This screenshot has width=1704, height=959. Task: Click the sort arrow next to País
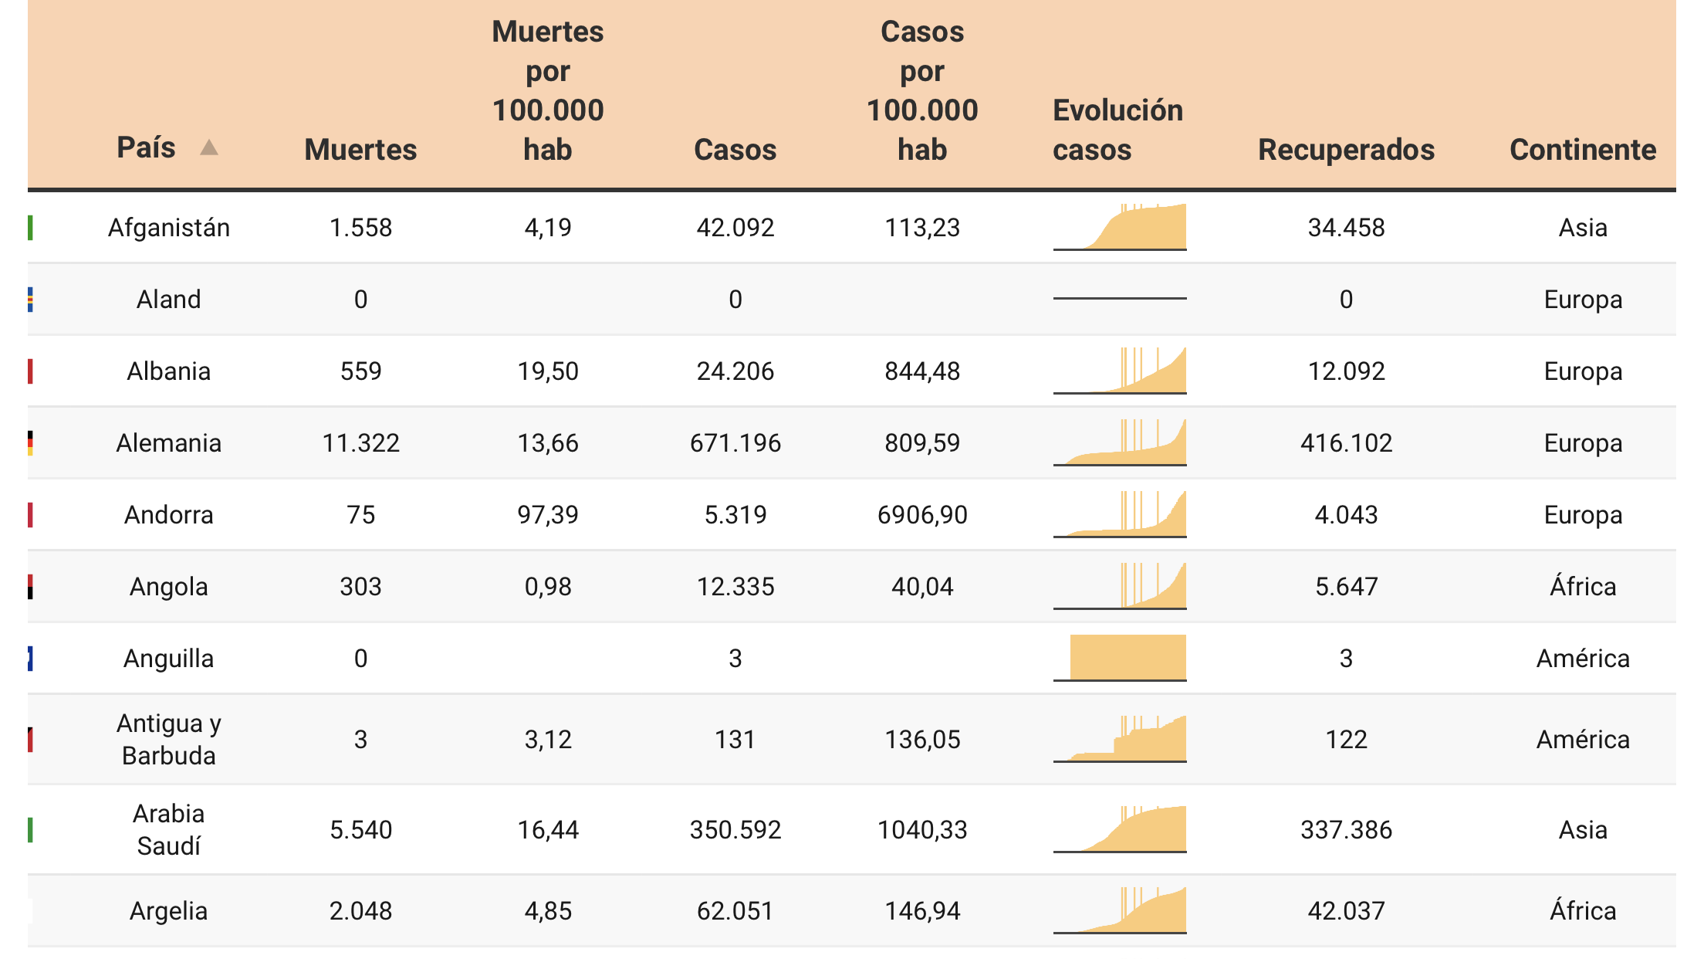(x=209, y=147)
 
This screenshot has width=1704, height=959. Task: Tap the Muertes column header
(x=360, y=149)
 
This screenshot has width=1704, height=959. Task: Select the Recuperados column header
(x=1346, y=149)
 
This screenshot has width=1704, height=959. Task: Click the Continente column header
(x=1583, y=149)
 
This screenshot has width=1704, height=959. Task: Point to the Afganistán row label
(x=169, y=228)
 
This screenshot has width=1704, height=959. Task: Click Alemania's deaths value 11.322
(x=360, y=443)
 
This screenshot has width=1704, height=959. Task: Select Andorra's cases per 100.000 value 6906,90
(x=922, y=515)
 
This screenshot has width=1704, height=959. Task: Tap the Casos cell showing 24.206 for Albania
(x=735, y=371)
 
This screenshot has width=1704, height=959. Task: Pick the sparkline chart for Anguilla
(x=1120, y=658)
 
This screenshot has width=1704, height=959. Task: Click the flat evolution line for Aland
(x=1120, y=298)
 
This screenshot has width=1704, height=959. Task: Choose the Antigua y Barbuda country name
(x=169, y=739)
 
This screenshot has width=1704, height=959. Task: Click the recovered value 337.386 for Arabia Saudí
(x=1346, y=830)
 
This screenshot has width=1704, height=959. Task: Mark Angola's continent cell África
(x=1583, y=586)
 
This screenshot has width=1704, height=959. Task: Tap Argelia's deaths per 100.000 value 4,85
(x=548, y=911)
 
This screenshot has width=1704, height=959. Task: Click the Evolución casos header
(x=1117, y=130)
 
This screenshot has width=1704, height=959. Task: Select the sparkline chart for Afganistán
(x=1120, y=227)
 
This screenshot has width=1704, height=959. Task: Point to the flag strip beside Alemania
(x=30, y=443)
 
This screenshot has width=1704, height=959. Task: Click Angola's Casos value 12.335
(x=735, y=587)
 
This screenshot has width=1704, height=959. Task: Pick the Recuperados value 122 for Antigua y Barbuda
(x=1346, y=740)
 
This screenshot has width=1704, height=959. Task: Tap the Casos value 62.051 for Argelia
(x=735, y=911)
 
